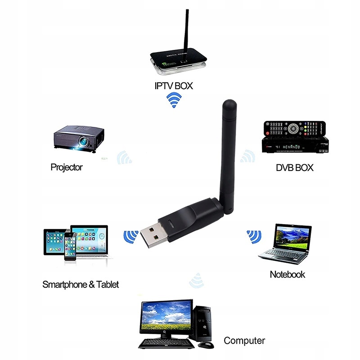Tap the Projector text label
(67, 167)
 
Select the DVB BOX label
(295, 168)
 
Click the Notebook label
(287, 274)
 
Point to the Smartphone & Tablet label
(81, 284)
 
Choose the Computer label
(244, 341)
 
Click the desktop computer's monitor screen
(166, 316)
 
